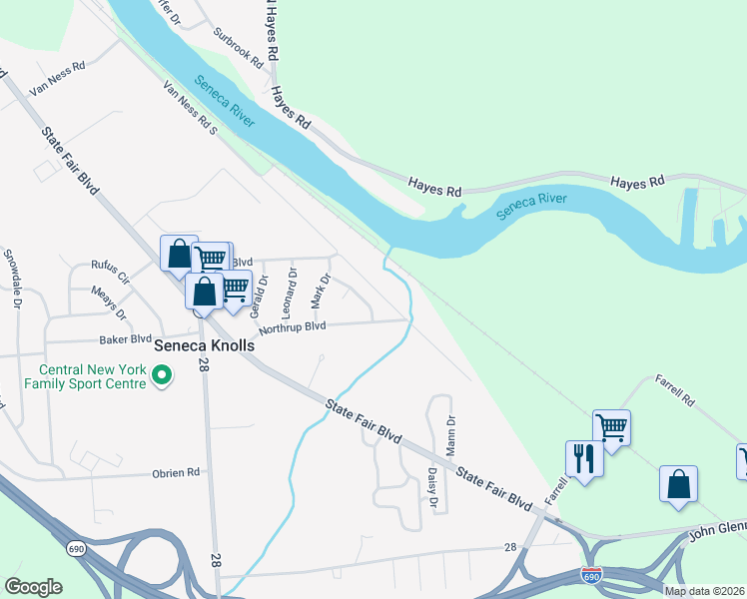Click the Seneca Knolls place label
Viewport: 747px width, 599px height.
tap(205, 345)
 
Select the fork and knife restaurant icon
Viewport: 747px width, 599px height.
tap(584, 459)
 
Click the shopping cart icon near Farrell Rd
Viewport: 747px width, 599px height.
tap(611, 428)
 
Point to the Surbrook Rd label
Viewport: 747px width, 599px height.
tap(239, 47)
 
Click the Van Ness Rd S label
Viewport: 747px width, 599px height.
tap(190, 109)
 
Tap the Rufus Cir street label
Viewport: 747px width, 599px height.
tap(110, 271)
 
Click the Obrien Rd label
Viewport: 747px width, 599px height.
tap(176, 472)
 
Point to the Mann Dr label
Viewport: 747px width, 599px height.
tap(450, 436)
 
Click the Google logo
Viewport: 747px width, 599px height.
tap(34, 587)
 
